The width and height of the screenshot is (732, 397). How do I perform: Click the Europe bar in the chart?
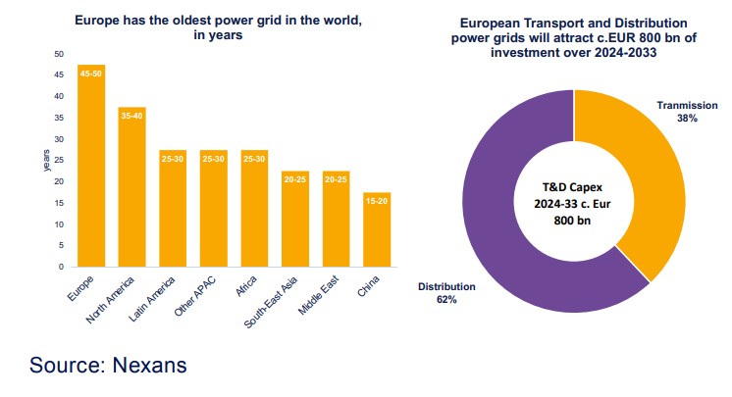91,167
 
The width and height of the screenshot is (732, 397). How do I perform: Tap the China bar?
378,229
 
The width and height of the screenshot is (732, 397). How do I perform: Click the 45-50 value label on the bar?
91,74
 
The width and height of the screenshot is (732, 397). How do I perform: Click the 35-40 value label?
132,117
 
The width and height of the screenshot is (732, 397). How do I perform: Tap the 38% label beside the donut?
686,119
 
